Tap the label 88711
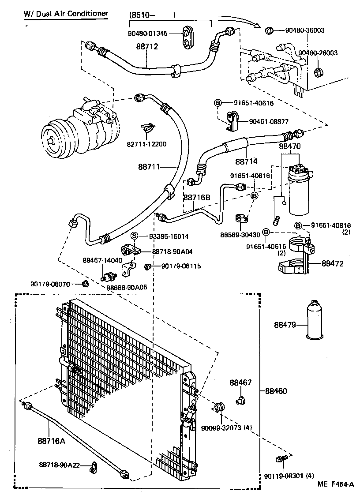click(150, 167)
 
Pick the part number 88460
click(276, 391)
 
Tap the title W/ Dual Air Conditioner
click(66, 14)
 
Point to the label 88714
click(246, 161)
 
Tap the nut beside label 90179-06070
click(86, 283)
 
